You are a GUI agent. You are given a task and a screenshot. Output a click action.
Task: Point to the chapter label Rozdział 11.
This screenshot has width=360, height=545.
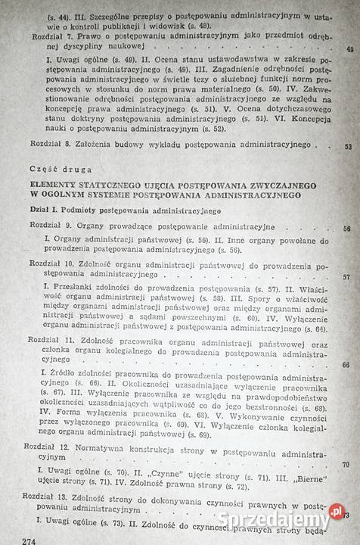pyautogui.click(x=51, y=341)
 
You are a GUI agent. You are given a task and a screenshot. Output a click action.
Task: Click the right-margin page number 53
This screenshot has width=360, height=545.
pyautogui.click(x=348, y=147)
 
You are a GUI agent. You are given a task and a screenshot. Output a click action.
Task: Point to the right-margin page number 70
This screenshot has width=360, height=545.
pyautogui.click(x=345, y=465)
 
